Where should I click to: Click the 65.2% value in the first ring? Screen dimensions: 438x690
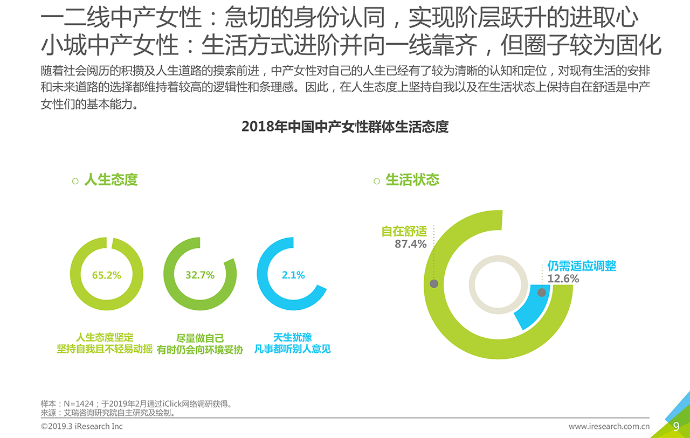coord(106,275)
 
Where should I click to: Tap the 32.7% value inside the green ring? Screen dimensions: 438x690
coord(199,275)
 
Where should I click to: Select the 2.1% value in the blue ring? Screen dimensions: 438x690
coord(293,275)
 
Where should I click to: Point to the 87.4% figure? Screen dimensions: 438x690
coord(410,244)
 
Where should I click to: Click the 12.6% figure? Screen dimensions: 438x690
coord(563,279)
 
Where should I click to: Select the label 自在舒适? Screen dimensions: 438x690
coord(404,231)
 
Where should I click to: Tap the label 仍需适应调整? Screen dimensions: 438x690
coord(582,266)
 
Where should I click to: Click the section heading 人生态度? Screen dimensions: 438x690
coord(111,180)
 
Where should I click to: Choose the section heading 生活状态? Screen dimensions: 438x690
coord(412,180)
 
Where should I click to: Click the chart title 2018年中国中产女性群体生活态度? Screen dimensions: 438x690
coord(345,127)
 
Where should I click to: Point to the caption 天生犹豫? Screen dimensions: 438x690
coord(292,337)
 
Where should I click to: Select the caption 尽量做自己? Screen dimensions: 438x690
coord(199,338)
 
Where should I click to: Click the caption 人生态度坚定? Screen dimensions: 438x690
coord(105,337)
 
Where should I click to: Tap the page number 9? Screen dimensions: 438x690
coord(676,427)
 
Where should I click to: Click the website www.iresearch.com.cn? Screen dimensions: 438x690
coord(609,427)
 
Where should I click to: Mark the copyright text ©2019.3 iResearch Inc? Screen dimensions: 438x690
coord(81,426)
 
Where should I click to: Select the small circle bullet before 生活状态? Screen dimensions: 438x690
coord(377,182)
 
